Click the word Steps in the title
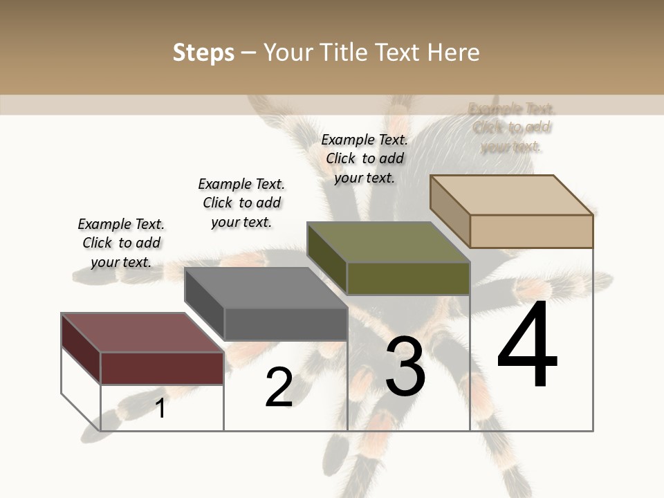tap(203, 53)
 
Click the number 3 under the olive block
tap(405, 367)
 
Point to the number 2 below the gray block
tap(279, 387)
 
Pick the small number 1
tap(160, 408)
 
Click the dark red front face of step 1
tap(162, 368)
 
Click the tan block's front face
tap(531, 231)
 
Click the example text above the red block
tap(121, 243)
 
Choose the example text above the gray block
tap(241, 203)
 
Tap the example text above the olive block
tap(365, 158)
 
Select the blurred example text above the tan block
tap(511, 127)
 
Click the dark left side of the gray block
tap(205, 304)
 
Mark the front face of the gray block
tap(286, 324)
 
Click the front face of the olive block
tap(408, 279)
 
